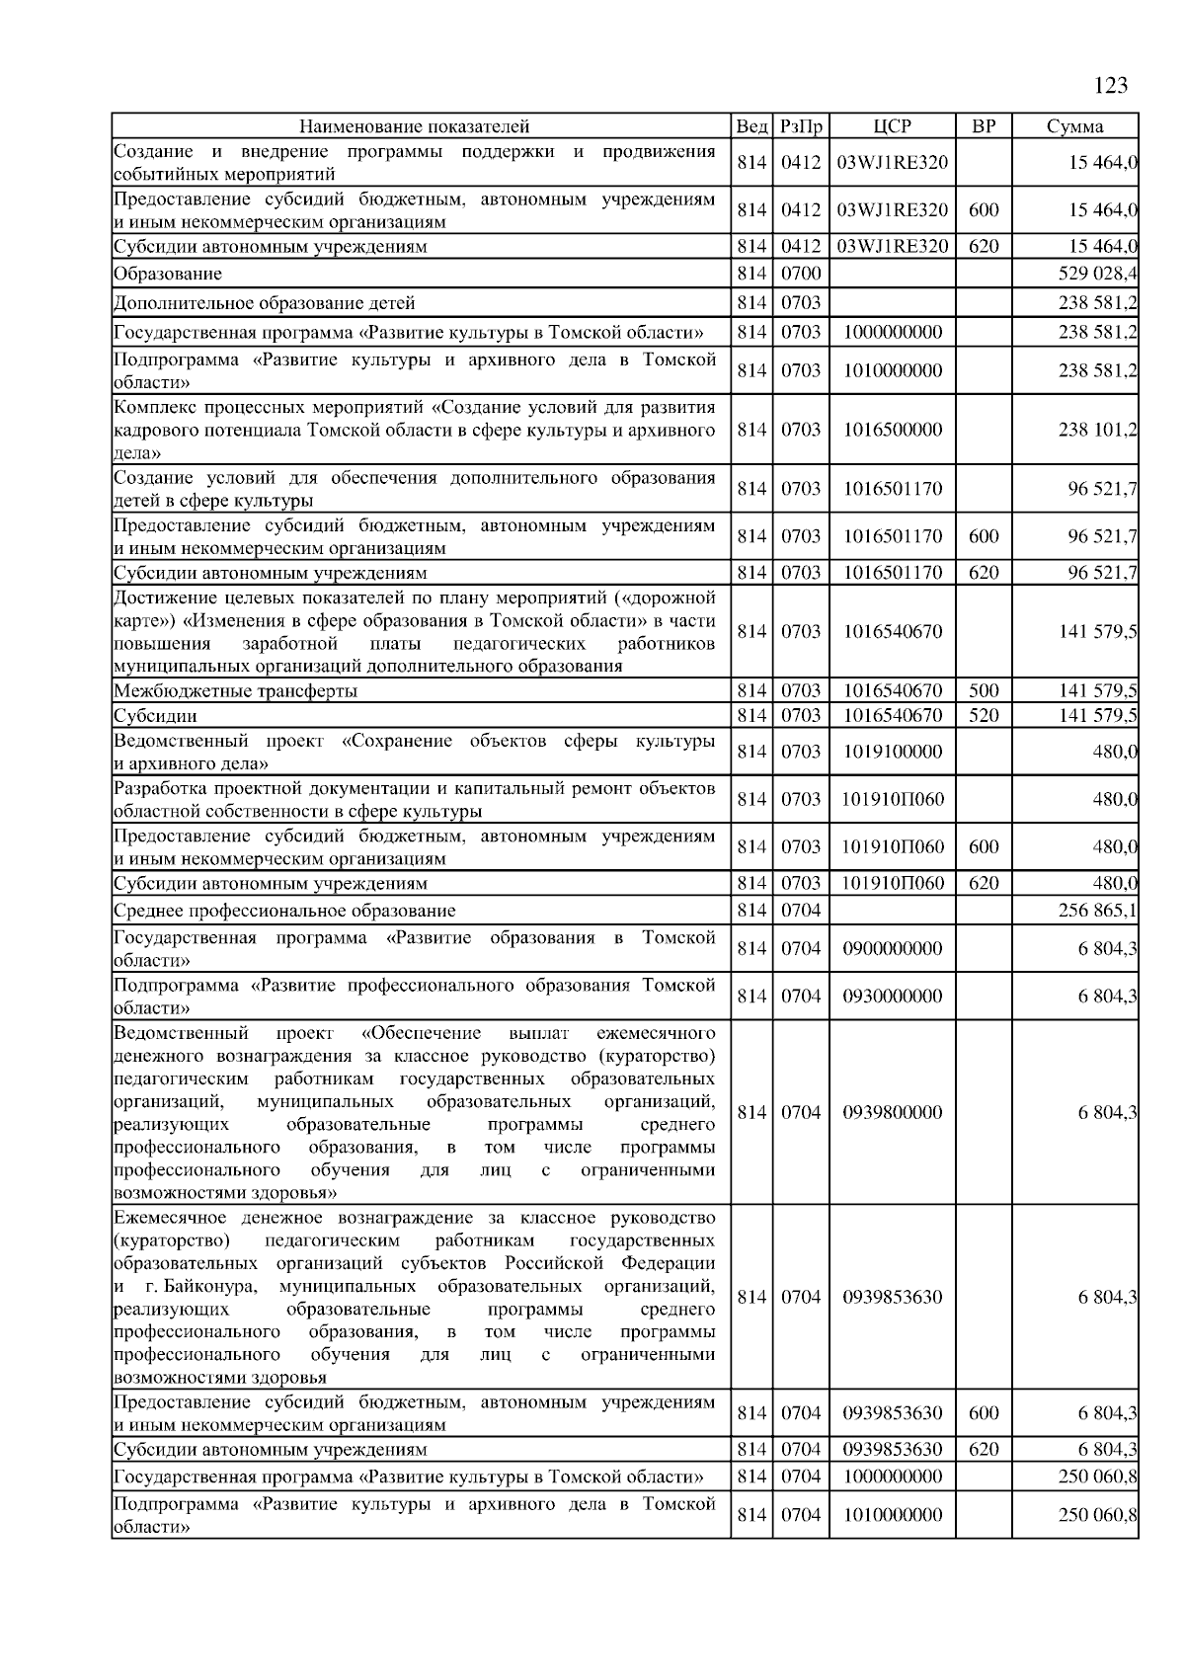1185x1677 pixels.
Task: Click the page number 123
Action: [x=1111, y=86]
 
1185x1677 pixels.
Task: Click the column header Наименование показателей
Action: [x=414, y=126]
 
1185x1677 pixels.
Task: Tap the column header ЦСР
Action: [x=893, y=126]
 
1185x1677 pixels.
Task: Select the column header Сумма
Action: [x=1074, y=126]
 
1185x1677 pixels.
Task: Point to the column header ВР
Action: [x=984, y=126]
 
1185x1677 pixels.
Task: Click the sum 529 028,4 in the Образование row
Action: [x=1097, y=274]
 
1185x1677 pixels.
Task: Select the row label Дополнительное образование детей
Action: [x=264, y=303]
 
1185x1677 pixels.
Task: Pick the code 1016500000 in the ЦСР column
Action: [x=893, y=430]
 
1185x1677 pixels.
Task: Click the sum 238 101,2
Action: [x=1097, y=430]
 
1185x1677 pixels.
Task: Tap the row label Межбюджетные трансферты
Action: [x=235, y=691]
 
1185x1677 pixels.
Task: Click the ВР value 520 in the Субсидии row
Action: [x=984, y=715]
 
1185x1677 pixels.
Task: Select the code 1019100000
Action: [x=893, y=752]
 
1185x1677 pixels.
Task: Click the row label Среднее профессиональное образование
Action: [x=284, y=911]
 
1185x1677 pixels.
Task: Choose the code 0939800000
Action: [x=893, y=1113]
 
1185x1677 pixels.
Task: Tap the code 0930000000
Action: [x=893, y=997]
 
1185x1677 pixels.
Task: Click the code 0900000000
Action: [x=893, y=949]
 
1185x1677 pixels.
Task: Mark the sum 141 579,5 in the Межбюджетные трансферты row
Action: [x=1097, y=691]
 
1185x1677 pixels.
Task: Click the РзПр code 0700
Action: [x=801, y=274]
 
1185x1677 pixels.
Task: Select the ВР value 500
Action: [x=984, y=691]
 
